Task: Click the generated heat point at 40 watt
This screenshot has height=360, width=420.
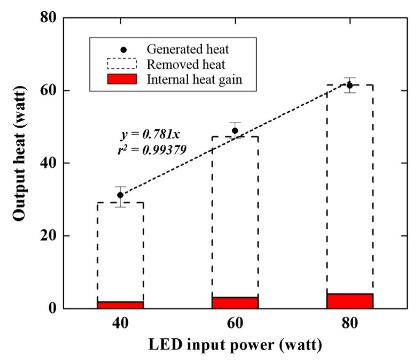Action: coord(120,195)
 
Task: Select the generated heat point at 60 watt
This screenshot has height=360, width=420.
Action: coord(235,131)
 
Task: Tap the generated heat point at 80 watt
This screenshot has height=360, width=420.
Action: coord(349,85)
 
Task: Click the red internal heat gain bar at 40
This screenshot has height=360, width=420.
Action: coord(120,305)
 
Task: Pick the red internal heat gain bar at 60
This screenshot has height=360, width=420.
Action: coord(235,303)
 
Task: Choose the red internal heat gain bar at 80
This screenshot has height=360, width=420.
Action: coord(349,301)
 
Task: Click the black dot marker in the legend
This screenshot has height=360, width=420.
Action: coord(121,49)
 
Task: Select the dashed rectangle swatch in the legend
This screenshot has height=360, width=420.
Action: coord(121,64)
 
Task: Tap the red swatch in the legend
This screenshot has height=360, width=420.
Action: coord(121,79)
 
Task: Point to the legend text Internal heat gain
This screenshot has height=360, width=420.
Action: coord(194,79)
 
